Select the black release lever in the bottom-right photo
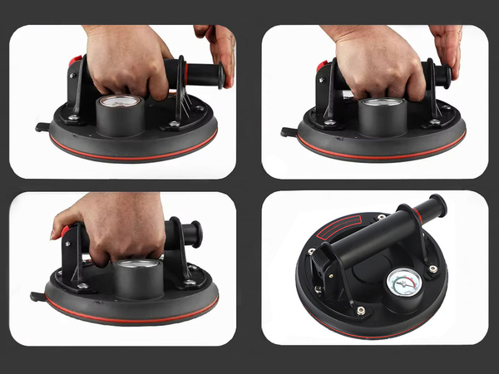click(322, 265)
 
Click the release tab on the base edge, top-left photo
click(41, 127)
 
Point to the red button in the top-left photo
click(76, 62)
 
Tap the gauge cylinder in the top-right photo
click(383, 116)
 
